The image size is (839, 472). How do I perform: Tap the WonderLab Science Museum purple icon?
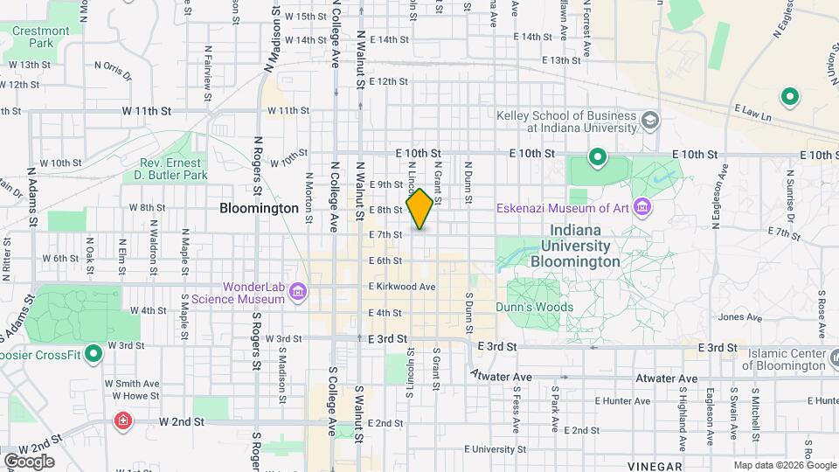297,290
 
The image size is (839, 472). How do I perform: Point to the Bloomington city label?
260,209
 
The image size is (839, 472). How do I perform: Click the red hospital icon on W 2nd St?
124,421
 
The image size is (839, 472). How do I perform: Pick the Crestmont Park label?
41,37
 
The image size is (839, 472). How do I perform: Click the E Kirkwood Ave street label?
402,287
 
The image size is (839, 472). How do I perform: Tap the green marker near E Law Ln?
790,96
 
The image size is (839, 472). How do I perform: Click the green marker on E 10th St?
598,158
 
